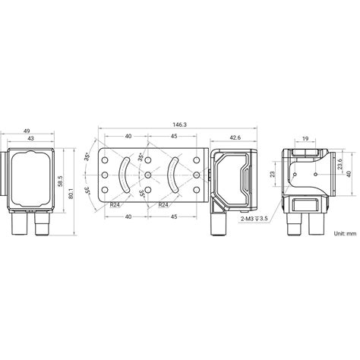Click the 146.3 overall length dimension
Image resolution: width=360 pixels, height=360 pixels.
point(180,124)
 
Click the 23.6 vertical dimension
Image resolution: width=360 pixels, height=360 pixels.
point(341,165)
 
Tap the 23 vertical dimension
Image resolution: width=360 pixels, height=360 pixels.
point(274,173)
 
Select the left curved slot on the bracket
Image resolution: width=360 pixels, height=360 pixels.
point(122,175)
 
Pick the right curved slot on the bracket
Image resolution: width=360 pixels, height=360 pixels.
point(173,175)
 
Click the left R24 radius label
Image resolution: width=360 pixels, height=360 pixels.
point(115,204)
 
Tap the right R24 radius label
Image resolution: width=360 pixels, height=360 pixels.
point(163,204)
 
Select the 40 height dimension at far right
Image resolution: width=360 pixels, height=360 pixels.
point(350,174)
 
